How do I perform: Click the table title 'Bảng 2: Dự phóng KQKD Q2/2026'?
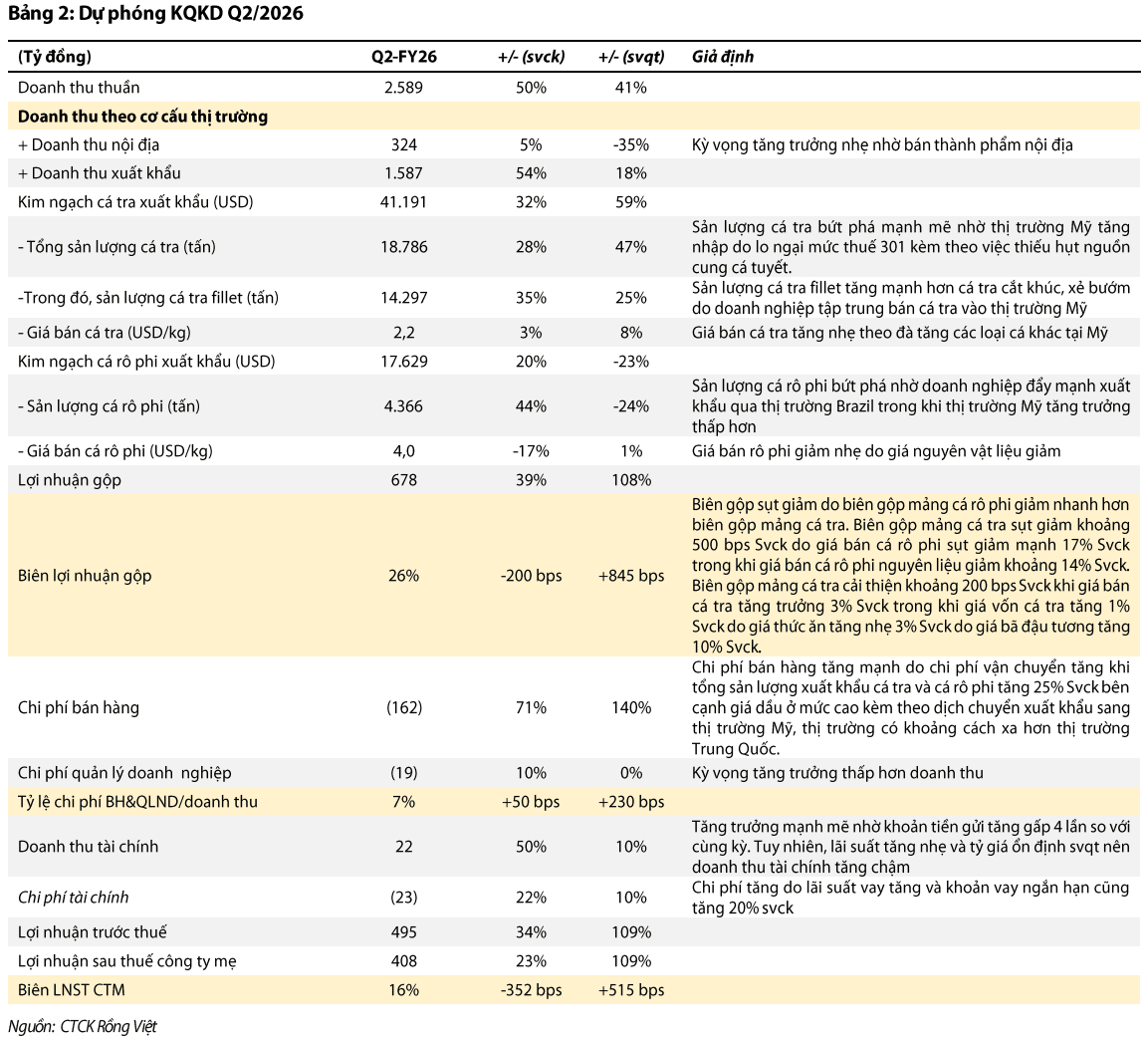[155, 13]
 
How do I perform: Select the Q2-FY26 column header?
[403, 57]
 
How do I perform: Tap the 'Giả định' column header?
[723, 57]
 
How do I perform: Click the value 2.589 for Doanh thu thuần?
[403, 88]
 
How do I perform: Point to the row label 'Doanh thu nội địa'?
[96, 145]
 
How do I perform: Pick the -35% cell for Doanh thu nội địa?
[631, 145]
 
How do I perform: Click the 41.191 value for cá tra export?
[403, 202]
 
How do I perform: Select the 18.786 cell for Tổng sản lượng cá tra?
[403, 247]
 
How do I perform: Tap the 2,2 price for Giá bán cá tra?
[403, 333]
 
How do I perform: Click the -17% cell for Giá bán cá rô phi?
[531, 451]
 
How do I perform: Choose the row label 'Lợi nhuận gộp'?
[70, 480]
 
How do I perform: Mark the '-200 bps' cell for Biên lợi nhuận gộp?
[531, 576]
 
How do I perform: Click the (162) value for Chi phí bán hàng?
[404, 707]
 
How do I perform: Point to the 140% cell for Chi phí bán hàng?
[631, 707]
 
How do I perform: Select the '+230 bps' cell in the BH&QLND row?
[631, 802]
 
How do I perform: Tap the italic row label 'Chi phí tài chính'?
[74, 898]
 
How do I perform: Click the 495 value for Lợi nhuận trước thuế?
[403, 932]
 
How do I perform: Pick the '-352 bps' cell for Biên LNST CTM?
[531, 990]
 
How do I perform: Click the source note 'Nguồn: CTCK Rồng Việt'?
[83, 1026]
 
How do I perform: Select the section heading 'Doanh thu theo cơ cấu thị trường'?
[142, 117]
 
